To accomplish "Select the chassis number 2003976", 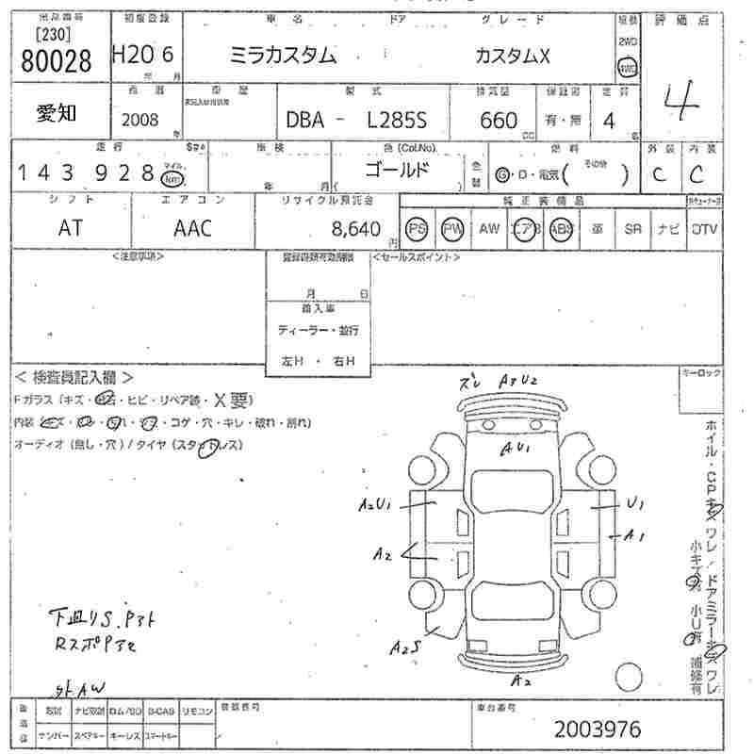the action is coord(598,729).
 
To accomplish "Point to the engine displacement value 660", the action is coord(499,121).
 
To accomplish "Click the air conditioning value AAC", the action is coord(193,228).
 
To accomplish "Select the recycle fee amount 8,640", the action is coord(356,228).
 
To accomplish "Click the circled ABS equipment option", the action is coord(562,229).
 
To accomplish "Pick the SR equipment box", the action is coord(632,229).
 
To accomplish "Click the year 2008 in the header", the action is coord(140,121).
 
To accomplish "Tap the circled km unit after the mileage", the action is coord(172,176).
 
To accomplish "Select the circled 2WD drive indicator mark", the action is coord(628,68).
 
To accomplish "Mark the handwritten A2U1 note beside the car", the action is coord(374,506).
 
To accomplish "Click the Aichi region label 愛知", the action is coord(57,113).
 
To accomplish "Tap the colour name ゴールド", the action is coord(397,171).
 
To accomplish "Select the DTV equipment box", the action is coord(703,229).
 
